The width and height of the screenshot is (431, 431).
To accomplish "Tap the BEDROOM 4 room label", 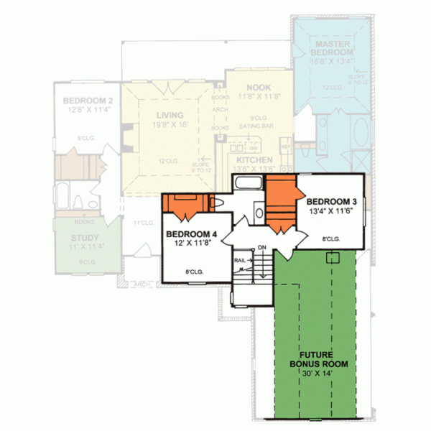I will click(x=190, y=234).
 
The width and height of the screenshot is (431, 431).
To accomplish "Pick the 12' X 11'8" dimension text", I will click(x=191, y=244).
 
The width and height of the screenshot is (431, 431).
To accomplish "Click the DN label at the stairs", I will click(x=262, y=248).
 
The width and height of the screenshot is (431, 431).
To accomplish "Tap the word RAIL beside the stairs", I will click(x=239, y=261).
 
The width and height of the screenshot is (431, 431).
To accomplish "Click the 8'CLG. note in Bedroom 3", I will click(x=330, y=238).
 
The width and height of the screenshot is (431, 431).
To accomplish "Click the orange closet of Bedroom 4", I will click(x=185, y=204).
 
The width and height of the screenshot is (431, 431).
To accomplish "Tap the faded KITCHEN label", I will click(x=254, y=159).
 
